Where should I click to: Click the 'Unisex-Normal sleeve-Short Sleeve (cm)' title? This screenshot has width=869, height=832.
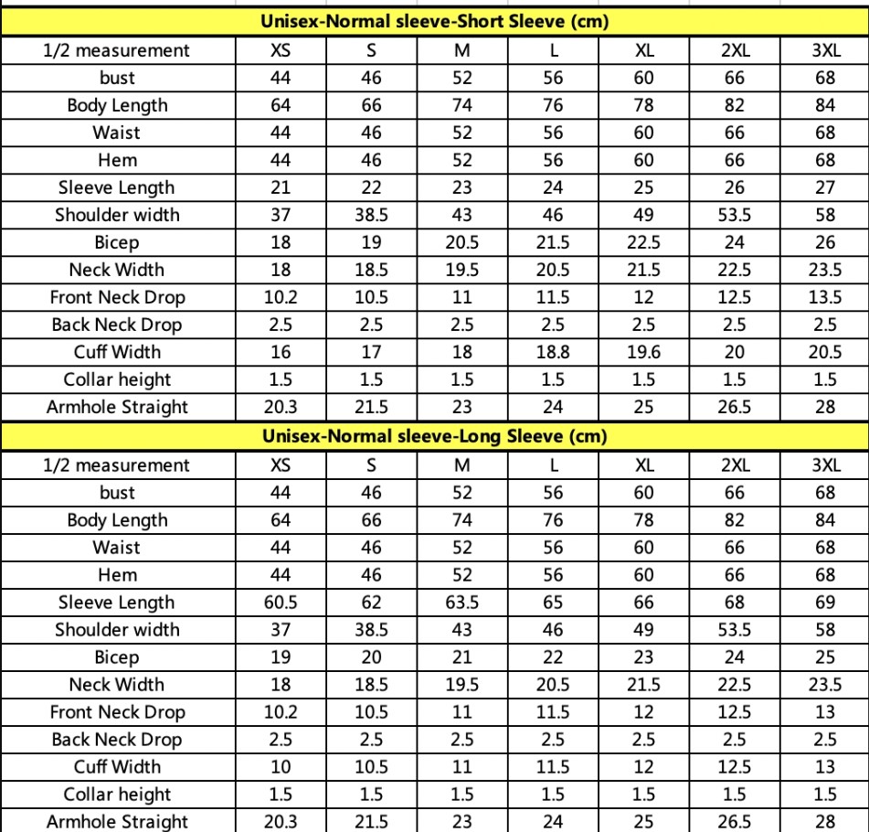(435, 22)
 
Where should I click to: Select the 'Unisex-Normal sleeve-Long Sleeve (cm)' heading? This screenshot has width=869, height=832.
(435, 436)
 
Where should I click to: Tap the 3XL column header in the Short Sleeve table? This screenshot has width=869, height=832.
(825, 50)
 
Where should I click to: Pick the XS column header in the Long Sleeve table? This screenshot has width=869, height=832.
(281, 464)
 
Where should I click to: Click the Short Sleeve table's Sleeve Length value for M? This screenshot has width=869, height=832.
(462, 187)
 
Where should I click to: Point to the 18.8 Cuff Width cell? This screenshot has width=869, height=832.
(553, 352)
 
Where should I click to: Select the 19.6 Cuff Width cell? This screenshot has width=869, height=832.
(643, 352)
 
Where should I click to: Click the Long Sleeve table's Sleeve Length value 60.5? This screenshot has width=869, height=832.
(281, 603)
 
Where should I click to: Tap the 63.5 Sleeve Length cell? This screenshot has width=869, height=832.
(462, 603)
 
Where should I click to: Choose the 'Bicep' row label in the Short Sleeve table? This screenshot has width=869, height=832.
(117, 242)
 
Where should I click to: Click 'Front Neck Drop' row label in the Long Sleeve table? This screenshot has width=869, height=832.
(117, 712)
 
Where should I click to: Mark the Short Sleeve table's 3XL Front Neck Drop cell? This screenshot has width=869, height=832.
(825, 297)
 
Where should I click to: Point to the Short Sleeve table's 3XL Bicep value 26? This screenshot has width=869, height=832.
(825, 242)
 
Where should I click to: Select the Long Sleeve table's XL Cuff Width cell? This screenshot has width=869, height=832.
(643, 767)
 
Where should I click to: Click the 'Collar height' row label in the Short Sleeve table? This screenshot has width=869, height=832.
(117, 379)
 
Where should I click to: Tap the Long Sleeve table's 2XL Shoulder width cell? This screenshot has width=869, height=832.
(735, 630)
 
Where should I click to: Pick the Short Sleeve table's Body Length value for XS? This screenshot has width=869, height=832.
(281, 105)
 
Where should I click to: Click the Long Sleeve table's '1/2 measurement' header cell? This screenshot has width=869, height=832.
(117, 464)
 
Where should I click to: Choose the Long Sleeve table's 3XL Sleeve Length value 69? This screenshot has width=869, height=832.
(825, 603)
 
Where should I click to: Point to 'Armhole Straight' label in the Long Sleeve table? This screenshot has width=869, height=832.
(117, 822)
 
